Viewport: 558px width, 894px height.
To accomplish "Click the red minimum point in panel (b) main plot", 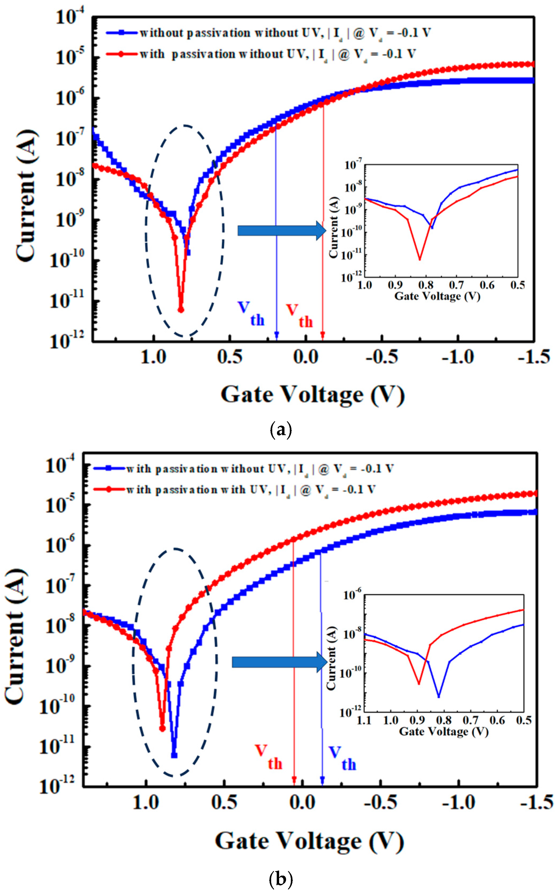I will (x=162, y=729).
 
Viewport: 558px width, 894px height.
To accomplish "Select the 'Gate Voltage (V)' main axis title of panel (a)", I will (x=313, y=395).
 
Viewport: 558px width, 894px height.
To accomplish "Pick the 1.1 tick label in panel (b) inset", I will (x=364, y=720).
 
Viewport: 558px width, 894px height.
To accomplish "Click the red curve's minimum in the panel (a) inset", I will (x=419, y=260).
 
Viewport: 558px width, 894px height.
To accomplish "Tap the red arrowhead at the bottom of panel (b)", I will (x=294, y=780).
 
